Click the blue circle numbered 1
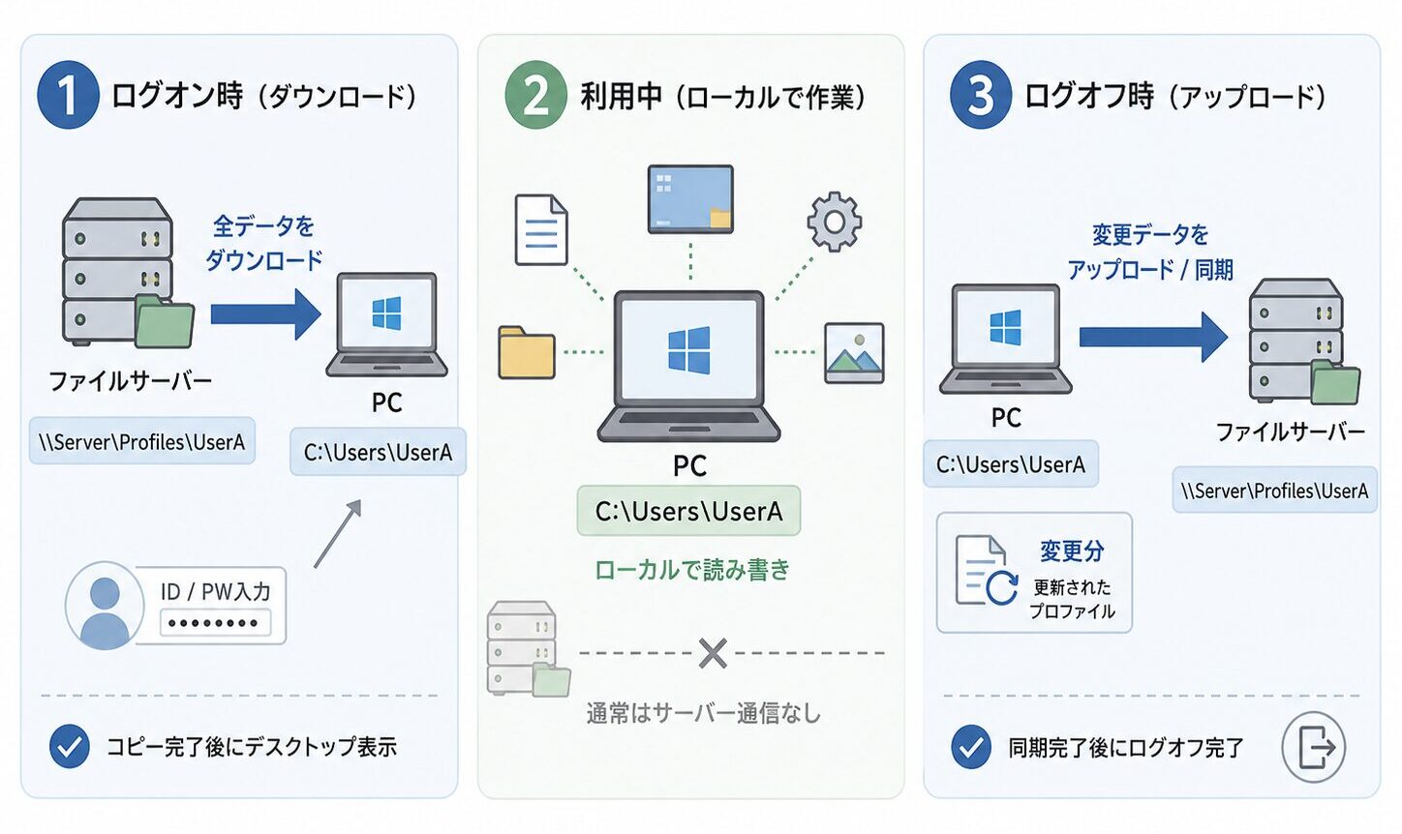tap(68, 95)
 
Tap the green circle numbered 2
tap(535, 95)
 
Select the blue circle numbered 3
tap(981, 95)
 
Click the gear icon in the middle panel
tap(834, 223)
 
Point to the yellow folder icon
tap(527, 352)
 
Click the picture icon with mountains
tap(854, 353)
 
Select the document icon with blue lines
tap(541, 229)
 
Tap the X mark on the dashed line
tap(713, 653)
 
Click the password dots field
tap(215, 622)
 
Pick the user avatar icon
tap(105, 606)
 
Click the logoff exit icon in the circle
tap(1314, 747)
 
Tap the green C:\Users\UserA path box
tap(688, 511)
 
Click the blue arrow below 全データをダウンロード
tap(266, 314)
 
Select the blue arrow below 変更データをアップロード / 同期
tap(1153, 338)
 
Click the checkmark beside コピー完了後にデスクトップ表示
tap(70, 746)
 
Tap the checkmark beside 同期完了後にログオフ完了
tap(971, 746)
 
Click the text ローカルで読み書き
tap(691, 570)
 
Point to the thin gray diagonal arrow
tap(338, 534)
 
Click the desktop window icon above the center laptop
tap(690, 199)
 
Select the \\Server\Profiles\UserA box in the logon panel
tap(142, 441)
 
